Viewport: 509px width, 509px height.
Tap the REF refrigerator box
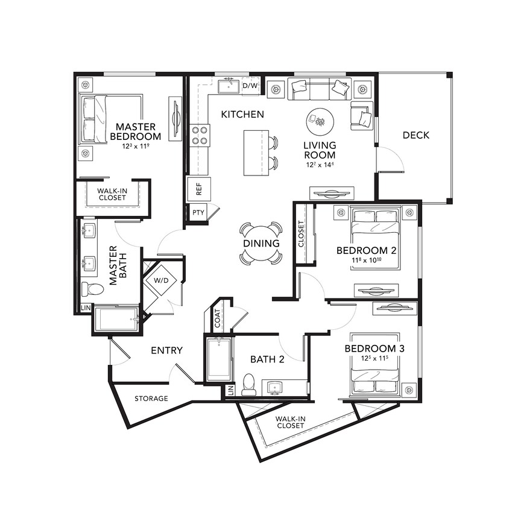(198, 190)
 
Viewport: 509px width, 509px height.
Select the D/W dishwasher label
(250, 86)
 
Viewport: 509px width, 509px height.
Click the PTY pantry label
(197, 213)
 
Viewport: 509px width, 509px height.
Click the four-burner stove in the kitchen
(200, 136)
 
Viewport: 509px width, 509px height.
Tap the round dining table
(261, 243)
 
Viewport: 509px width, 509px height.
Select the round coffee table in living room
(319, 122)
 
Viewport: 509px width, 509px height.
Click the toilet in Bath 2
(248, 385)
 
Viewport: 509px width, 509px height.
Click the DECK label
(416, 135)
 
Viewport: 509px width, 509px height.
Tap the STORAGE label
(151, 399)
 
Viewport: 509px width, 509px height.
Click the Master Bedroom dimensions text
(136, 146)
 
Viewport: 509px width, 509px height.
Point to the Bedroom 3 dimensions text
(375, 359)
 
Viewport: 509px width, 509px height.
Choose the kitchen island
(256, 153)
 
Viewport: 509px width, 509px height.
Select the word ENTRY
(166, 350)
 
